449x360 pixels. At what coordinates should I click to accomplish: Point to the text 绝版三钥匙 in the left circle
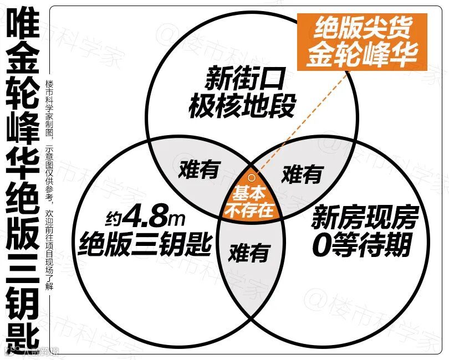click(146, 243)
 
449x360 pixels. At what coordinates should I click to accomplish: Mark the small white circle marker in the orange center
click(251, 178)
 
